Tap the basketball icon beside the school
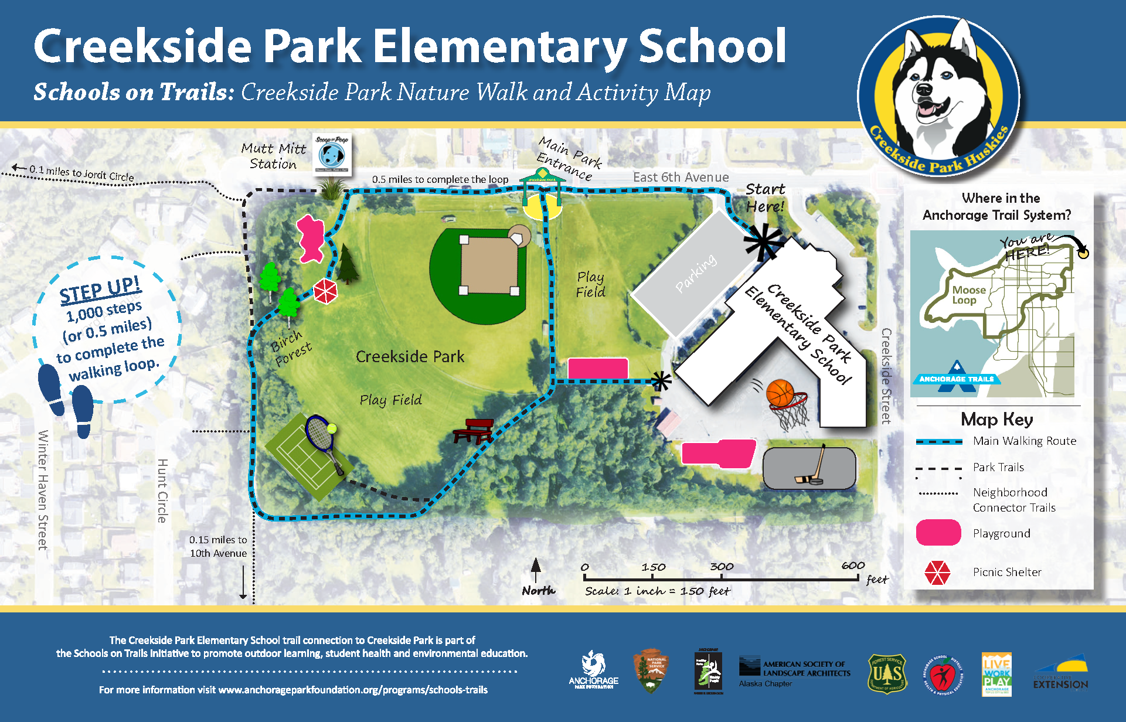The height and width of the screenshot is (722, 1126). tap(780, 392)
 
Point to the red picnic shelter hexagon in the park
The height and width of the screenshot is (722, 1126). tap(325, 291)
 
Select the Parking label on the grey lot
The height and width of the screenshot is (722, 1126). tap(696, 273)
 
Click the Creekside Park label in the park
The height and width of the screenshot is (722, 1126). tap(410, 356)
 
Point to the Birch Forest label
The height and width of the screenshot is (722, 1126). tap(291, 348)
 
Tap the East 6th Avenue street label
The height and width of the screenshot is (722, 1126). tap(681, 177)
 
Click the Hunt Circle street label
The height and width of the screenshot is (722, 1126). tap(162, 491)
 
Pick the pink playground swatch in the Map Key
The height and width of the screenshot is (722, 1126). tap(938, 533)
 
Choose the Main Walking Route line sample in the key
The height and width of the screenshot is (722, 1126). tap(939, 441)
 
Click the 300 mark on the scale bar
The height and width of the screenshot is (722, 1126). tap(722, 567)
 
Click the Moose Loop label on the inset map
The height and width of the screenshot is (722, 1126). tap(968, 295)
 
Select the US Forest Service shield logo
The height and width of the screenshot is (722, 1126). tap(887, 674)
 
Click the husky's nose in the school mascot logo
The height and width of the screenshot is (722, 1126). tap(924, 90)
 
